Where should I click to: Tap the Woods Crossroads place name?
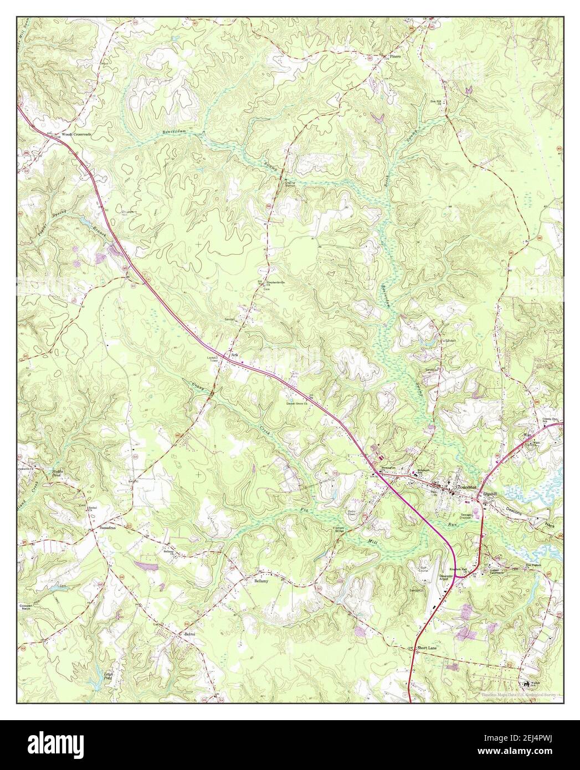pos(76,134)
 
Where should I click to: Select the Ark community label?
pos(234,355)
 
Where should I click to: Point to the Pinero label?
pos(394,57)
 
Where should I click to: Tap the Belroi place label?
pos(191,633)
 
